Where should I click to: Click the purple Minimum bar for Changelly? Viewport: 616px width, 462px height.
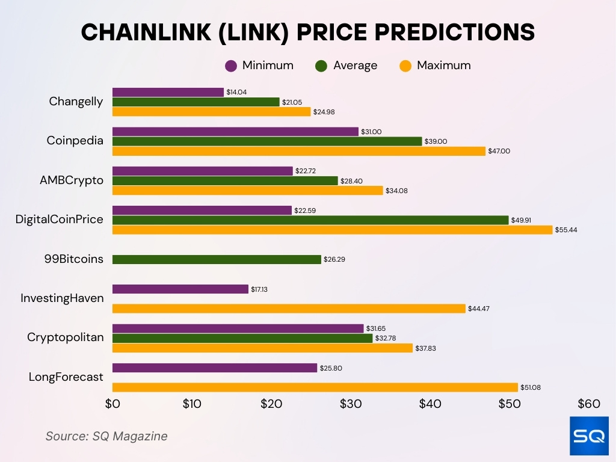[x=168, y=92]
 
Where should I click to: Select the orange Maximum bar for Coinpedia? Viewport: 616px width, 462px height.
[x=298, y=151]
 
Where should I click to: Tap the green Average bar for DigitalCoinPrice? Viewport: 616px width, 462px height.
[x=310, y=220]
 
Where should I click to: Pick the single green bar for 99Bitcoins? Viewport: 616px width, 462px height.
[x=217, y=259]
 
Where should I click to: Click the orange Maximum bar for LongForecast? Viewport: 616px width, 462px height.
[x=315, y=387]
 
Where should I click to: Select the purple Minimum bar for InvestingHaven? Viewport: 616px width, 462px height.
[x=180, y=289]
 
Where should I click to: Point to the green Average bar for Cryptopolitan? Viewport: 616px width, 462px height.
[x=242, y=338]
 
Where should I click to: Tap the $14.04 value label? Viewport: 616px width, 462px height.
[x=236, y=92]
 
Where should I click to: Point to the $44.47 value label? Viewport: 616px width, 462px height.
[x=478, y=309]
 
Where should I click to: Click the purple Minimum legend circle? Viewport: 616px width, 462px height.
[x=230, y=66]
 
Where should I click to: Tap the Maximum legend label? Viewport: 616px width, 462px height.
[x=443, y=66]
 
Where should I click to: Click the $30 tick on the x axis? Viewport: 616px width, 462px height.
[x=351, y=404]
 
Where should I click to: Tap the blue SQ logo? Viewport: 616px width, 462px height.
[x=589, y=436]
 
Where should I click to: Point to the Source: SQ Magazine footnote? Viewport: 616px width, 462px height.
[x=106, y=436]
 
